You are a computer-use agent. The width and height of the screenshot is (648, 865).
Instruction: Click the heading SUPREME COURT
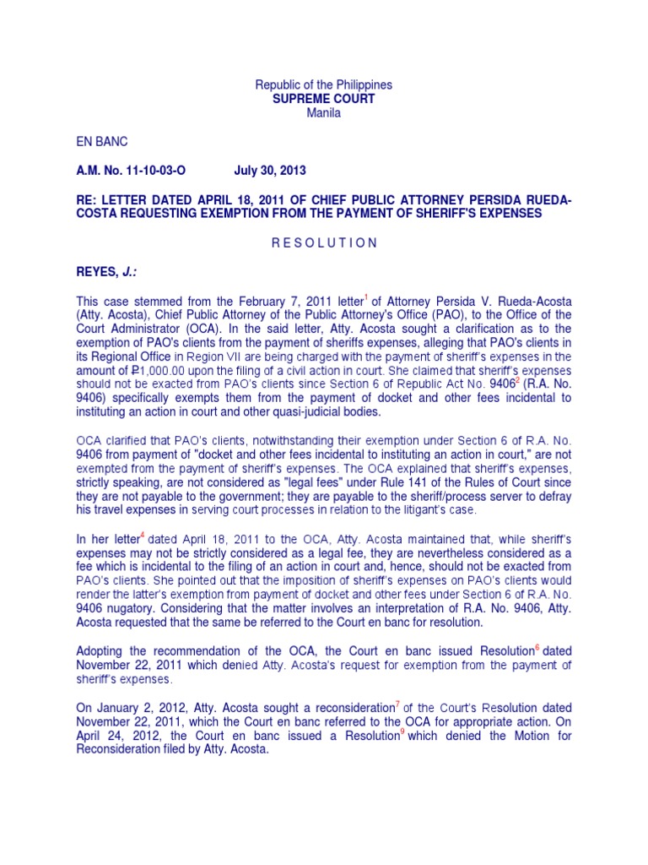point(324,99)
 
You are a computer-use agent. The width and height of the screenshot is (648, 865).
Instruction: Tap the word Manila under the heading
point(324,112)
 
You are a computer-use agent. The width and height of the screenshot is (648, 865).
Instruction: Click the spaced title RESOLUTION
point(324,242)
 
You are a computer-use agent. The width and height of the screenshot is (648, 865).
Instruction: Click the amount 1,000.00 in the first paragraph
point(143,371)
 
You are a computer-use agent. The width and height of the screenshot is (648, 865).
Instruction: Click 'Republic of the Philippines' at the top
point(324,85)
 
